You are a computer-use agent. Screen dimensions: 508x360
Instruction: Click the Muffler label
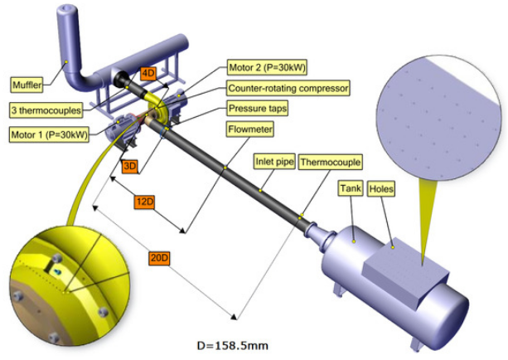(x=27, y=85)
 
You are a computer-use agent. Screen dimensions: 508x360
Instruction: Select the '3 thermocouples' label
(x=46, y=110)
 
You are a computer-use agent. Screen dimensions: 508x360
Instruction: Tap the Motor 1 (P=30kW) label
(x=49, y=134)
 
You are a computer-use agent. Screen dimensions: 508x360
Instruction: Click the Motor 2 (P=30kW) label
(x=267, y=67)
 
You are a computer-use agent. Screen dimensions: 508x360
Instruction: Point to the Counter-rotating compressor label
(x=288, y=88)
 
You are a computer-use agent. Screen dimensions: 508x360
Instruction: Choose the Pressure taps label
(x=258, y=108)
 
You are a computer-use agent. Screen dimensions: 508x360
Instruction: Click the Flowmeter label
(x=250, y=129)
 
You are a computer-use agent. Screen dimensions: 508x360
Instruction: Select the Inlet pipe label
(x=274, y=161)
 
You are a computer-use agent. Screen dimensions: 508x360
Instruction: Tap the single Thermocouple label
(x=330, y=162)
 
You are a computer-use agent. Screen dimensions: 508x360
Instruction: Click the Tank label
(x=351, y=188)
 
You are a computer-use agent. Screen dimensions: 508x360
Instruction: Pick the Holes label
(x=381, y=189)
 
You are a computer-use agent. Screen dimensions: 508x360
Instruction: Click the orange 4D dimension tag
(x=148, y=74)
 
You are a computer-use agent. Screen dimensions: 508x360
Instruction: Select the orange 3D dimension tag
(x=130, y=167)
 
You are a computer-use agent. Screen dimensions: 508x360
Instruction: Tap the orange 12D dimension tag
(x=144, y=202)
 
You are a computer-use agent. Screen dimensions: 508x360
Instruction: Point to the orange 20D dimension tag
(x=159, y=259)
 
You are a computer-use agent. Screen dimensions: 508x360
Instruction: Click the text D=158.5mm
(x=232, y=346)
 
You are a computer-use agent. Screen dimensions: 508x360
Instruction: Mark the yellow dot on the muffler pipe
(x=66, y=61)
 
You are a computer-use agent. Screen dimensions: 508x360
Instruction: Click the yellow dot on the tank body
(x=354, y=241)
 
